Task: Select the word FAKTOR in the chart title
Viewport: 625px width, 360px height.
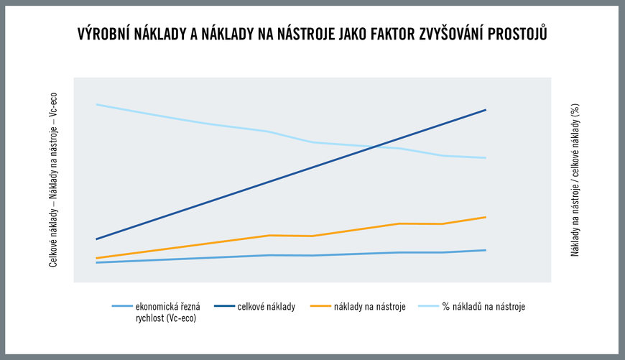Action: click(393, 34)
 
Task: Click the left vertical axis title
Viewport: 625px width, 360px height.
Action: click(53, 180)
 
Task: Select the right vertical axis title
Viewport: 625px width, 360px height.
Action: click(575, 180)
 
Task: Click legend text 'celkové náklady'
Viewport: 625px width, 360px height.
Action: click(267, 307)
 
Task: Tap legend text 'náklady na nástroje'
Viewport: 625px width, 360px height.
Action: click(369, 307)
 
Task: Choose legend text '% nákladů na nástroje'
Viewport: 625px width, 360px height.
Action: click(483, 307)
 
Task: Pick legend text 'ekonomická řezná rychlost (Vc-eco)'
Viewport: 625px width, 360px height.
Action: click(168, 312)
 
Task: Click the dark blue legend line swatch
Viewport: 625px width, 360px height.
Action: click(224, 306)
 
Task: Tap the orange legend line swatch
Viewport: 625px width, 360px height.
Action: click(321, 306)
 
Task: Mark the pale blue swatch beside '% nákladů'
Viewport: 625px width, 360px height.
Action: click(428, 306)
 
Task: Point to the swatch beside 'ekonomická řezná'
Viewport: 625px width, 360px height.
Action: click(122, 306)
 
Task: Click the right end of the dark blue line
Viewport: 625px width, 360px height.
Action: click(486, 110)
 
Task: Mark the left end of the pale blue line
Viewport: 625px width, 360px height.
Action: click(97, 104)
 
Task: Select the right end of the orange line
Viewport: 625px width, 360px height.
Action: click(486, 217)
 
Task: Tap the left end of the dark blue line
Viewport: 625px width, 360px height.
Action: click(97, 239)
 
